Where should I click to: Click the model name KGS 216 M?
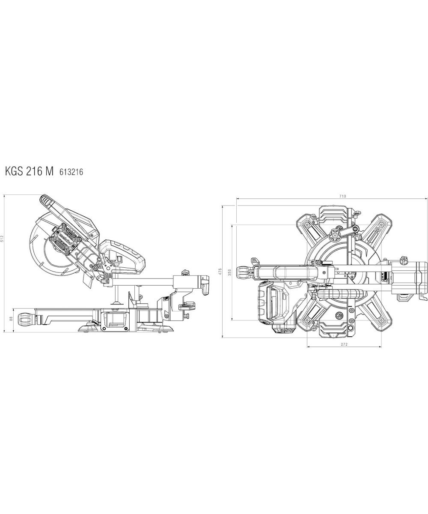pos(29,172)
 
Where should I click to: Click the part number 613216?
pos(71,172)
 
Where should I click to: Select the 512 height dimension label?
pos(3,239)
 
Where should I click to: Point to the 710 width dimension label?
pos(343,196)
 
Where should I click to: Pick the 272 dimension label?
pos(344,344)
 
